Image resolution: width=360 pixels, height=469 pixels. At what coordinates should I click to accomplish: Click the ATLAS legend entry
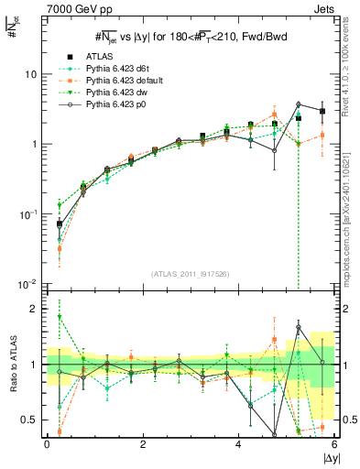pyautogui.click(x=98, y=55)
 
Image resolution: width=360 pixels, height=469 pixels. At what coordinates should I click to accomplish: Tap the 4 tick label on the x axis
pyautogui.click(x=239, y=444)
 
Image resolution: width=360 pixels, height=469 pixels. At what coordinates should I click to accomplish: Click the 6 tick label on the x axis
pyautogui.click(x=335, y=444)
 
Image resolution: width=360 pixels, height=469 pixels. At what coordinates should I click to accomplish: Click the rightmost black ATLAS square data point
pyautogui.click(x=322, y=111)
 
